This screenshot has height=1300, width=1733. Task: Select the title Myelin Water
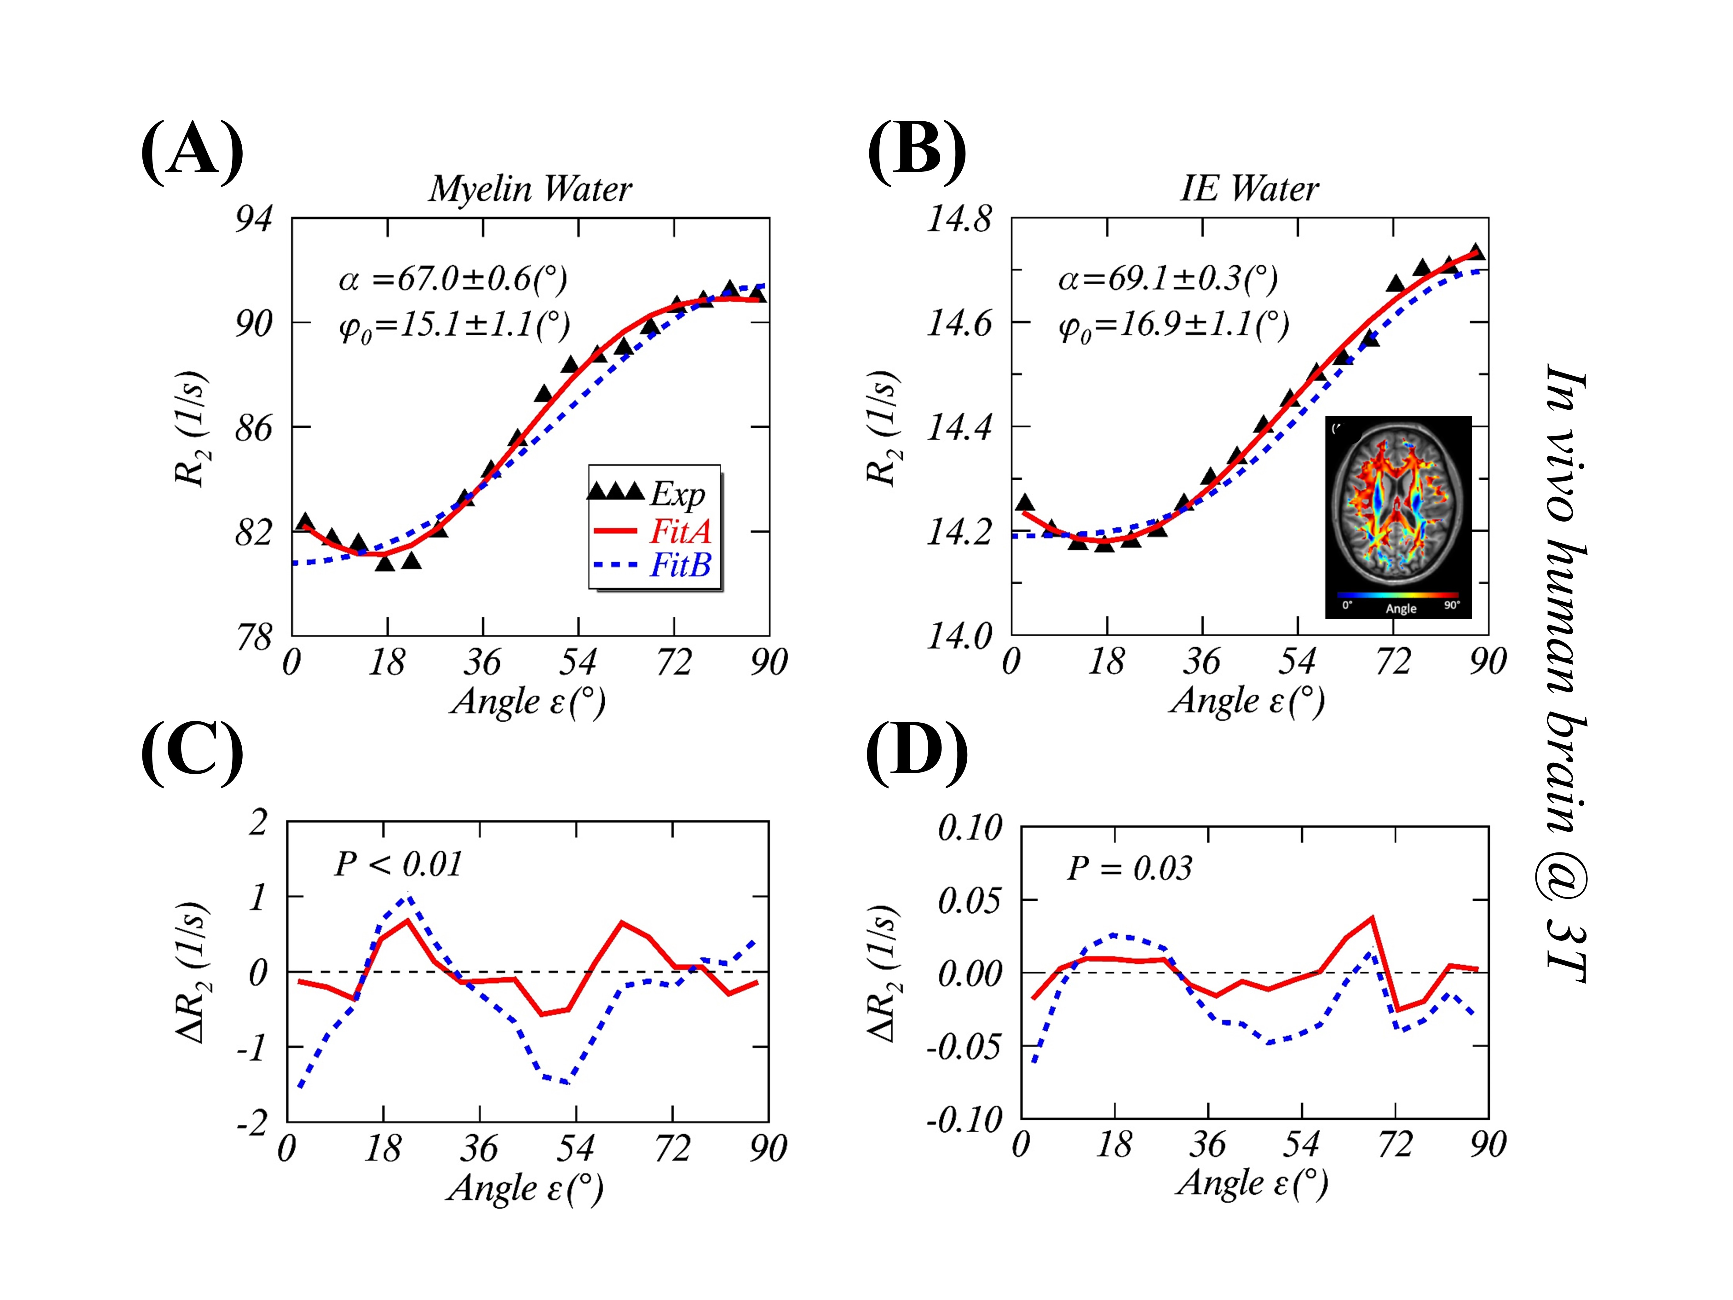tap(530, 189)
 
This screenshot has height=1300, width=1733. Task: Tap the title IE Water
tap(1249, 189)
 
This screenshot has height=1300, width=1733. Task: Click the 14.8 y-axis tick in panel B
tap(960, 219)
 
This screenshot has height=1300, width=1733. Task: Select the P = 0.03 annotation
tap(1129, 868)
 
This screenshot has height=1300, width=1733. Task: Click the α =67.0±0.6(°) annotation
tap(453, 279)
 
